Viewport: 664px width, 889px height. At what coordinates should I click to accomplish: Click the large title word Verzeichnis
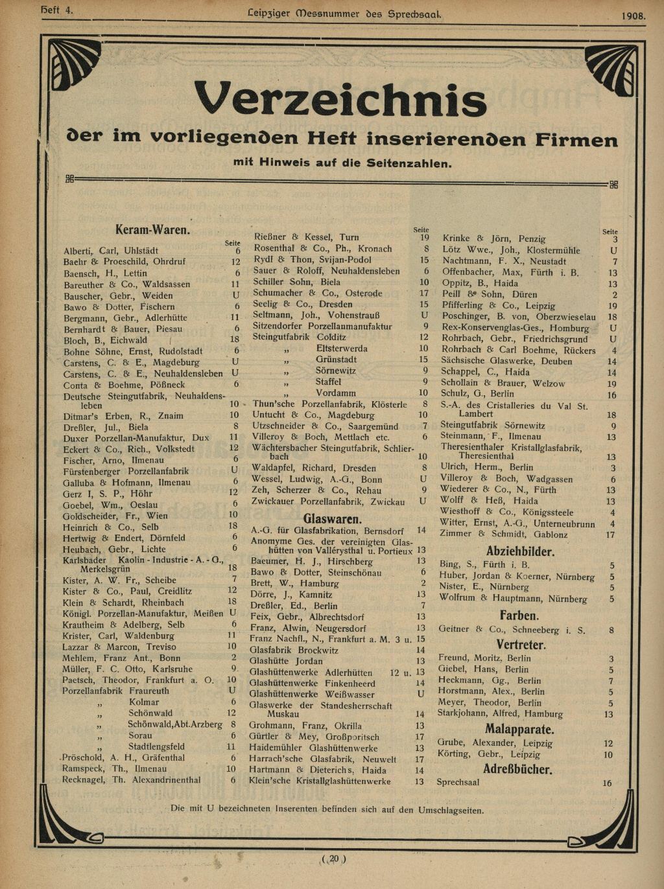click(x=340, y=100)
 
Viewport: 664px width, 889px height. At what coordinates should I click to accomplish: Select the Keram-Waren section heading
click(x=152, y=230)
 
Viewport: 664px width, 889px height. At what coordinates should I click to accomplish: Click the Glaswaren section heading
click(x=333, y=519)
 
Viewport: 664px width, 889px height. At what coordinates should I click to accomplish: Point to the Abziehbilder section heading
click(x=520, y=552)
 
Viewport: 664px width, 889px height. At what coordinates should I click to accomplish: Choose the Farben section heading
click(x=519, y=615)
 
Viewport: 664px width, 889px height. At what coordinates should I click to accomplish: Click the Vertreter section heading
click(x=521, y=645)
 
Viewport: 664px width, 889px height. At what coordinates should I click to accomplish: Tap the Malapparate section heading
click(x=519, y=730)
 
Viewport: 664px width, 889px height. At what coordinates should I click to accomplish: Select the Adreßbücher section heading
click(x=517, y=769)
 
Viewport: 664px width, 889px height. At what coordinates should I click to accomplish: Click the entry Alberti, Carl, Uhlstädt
click(x=111, y=251)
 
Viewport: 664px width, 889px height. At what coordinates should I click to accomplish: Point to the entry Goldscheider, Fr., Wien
click(x=115, y=516)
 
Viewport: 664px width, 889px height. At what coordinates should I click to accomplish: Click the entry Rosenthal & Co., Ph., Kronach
click(x=323, y=249)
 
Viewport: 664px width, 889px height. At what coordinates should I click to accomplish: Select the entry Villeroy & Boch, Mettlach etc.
click(x=320, y=437)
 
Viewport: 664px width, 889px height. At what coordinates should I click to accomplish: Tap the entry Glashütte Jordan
click(x=286, y=662)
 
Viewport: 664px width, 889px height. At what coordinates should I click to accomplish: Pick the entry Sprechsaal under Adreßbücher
click(x=458, y=783)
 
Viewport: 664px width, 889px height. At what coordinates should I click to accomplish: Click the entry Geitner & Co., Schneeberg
click(x=512, y=630)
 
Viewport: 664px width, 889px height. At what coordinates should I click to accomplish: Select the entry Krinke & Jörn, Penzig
click(x=493, y=238)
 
